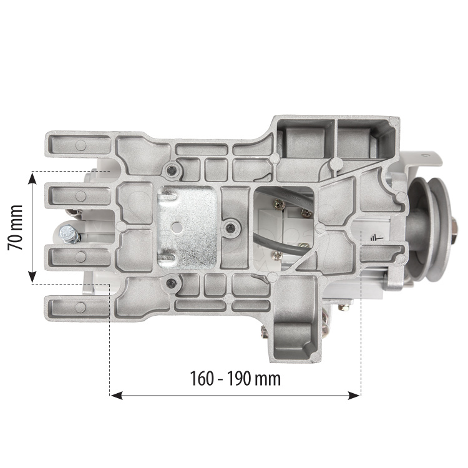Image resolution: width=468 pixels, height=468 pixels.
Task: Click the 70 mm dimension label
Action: pos(15,227)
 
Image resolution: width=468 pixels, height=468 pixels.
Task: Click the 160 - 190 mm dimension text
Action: pos(235,379)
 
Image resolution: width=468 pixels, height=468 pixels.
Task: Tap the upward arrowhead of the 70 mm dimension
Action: pos(32,178)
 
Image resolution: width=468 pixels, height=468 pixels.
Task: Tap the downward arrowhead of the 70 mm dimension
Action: pos(32,276)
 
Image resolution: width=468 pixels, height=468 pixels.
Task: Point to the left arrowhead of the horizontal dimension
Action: pos(117,396)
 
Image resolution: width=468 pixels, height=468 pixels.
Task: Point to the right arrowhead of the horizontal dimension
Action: pos(354,396)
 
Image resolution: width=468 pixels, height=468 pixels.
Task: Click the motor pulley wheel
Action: pos(431,229)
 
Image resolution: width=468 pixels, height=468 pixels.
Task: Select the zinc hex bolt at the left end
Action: pos(70,234)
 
